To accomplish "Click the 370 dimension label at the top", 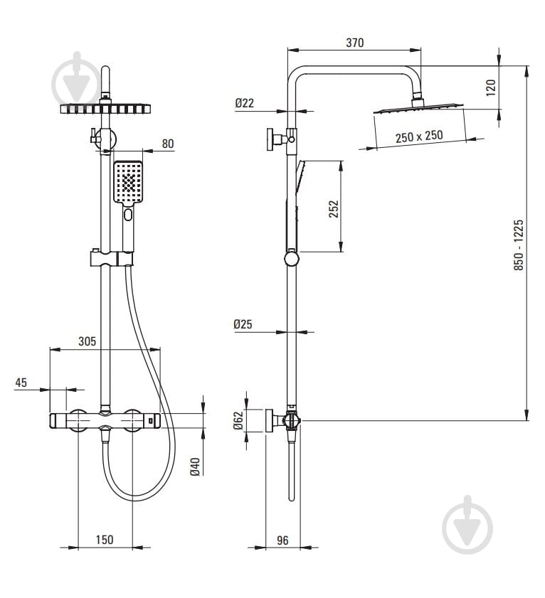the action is click(354, 43).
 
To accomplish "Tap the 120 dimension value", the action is click(491, 87).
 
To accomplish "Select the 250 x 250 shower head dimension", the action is click(419, 136).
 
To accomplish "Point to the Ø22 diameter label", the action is click(244, 103).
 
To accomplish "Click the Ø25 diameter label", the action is click(243, 324).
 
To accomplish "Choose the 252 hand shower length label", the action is click(334, 208).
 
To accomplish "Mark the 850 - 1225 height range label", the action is click(519, 245).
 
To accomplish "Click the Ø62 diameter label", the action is click(238, 420).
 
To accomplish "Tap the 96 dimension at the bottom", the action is click(282, 540).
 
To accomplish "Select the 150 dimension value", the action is click(104, 540).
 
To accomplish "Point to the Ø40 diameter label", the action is click(195, 466).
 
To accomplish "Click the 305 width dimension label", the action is click(87, 341).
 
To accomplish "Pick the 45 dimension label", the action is click(21, 383).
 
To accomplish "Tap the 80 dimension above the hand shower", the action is click(168, 144).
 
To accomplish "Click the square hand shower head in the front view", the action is click(128, 182).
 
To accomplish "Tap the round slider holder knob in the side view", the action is click(292, 259).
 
